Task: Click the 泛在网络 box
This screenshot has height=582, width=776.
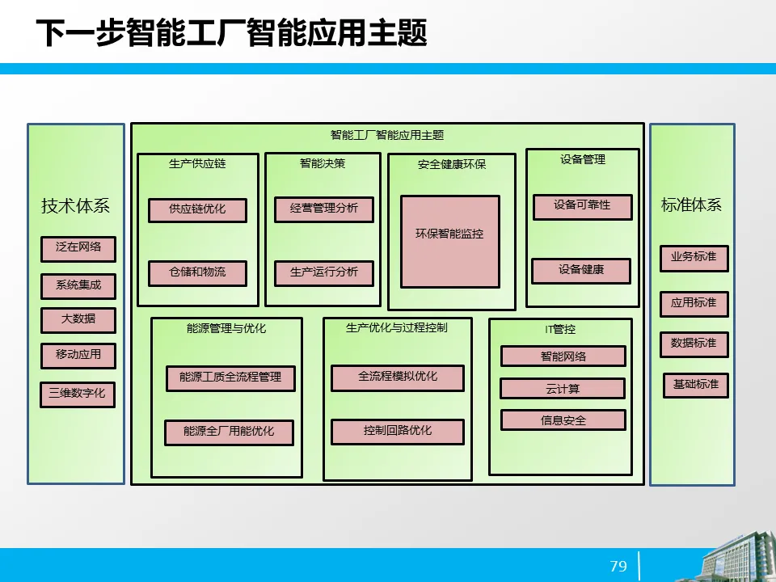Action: click(78, 248)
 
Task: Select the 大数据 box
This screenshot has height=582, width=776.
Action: click(78, 320)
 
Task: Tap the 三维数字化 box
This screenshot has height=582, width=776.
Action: click(78, 394)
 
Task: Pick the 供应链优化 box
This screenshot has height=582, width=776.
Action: click(197, 209)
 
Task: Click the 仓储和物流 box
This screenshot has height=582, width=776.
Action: click(197, 273)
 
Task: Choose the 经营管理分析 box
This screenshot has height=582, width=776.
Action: click(323, 209)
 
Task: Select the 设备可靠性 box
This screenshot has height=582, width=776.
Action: click(582, 206)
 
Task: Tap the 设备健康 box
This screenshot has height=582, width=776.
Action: click(581, 270)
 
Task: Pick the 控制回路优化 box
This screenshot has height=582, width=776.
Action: click(397, 432)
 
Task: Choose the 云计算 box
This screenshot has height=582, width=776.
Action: click(563, 389)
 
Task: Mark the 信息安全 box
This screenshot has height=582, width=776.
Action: click(563, 420)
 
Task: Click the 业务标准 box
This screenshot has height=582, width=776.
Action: click(694, 258)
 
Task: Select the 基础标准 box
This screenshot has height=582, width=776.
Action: click(696, 385)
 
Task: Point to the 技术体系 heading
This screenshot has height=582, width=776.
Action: click(75, 206)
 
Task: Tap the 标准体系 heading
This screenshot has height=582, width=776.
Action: click(691, 205)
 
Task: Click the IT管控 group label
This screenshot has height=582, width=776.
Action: click(560, 329)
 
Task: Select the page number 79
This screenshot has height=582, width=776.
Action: click(618, 566)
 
